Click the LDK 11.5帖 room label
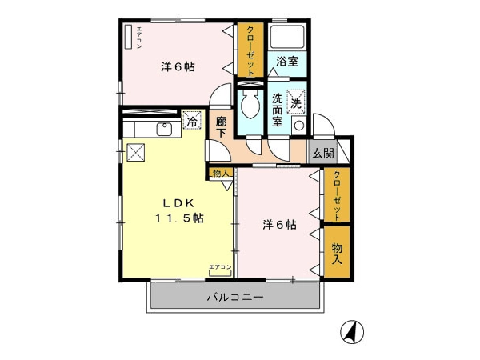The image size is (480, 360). click(179, 210)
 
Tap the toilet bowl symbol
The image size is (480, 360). click(250, 104)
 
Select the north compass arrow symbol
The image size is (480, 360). click(352, 332)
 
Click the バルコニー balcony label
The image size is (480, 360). click(235, 297)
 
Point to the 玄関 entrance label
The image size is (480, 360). click(323, 153)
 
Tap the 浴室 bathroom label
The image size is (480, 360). click(287, 62)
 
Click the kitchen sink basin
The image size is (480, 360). click(165, 129)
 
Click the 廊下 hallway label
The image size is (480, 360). click(221, 127)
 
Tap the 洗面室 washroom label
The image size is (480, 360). click(278, 110)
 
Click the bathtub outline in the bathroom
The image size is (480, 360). click(287, 36)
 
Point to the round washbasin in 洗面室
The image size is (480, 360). click(299, 126)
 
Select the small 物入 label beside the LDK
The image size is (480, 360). click(221, 174)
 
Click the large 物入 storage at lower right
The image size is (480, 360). click(337, 252)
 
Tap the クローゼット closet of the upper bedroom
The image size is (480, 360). click(250, 50)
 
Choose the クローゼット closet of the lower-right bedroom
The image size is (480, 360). click(337, 194)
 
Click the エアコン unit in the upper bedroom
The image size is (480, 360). click(129, 37)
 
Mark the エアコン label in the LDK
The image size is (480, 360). click(220, 267)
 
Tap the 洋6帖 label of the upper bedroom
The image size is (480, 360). click(178, 66)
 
